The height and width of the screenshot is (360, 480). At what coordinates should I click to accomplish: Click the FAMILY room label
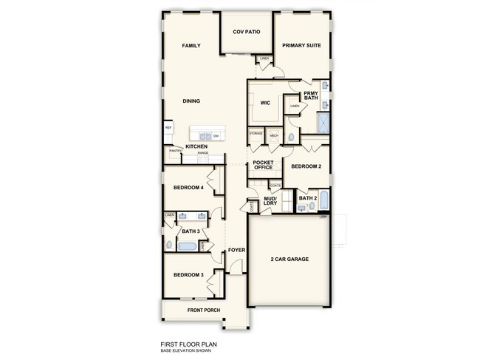click(x=191, y=46)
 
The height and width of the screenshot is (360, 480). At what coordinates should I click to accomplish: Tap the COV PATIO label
click(x=247, y=33)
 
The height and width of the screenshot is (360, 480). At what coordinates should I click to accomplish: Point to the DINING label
click(x=192, y=101)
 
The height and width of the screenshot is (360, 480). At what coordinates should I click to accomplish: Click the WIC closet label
click(x=264, y=103)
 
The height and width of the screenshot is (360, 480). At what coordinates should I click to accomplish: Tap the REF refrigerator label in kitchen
click(x=168, y=129)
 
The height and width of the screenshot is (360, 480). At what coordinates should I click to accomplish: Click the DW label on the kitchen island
click(x=216, y=136)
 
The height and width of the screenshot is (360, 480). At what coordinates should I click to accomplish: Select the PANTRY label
click(x=175, y=151)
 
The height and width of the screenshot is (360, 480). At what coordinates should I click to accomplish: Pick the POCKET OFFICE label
click(x=264, y=165)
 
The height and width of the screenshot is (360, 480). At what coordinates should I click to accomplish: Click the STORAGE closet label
click(x=256, y=134)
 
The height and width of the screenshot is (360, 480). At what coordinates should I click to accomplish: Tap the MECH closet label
click(x=273, y=136)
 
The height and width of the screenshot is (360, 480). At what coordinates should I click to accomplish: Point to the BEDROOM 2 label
click(x=306, y=167)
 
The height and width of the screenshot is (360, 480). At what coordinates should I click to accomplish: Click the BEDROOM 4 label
click(x=188, y=188)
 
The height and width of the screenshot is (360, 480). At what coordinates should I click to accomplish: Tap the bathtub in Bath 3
click(x=188, y=246)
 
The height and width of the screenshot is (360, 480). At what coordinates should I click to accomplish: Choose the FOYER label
click(x=236, y=250)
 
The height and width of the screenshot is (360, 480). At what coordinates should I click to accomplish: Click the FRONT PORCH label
click(x=205, y=310)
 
